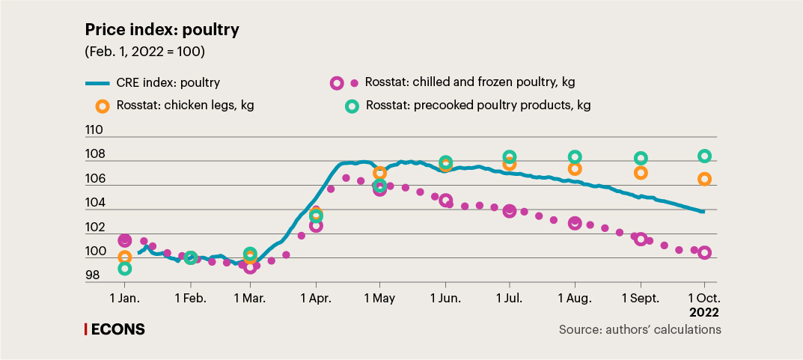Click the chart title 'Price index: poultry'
click(x=162, y=30)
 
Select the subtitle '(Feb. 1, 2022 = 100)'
click(x=145, y=52)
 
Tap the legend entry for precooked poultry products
click(x=478, y=106)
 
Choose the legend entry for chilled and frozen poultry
click(x=469, y=82)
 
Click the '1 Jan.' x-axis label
click(x=124, y=298)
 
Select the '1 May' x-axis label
click(x=379, y=298)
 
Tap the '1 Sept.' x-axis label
click(x=641, y=298)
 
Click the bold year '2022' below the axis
click(x=703, y=311)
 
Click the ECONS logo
click(x=115, y=329)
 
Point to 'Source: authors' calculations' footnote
click(x=640, y=329)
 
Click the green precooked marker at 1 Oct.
click(x=704, y=156)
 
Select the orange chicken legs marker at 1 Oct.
click(x=704, y=179)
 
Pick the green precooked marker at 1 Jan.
click(x=124, y=268)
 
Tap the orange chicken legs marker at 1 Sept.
click(x=641, y=173)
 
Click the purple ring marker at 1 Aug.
click(x=575, y=223)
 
